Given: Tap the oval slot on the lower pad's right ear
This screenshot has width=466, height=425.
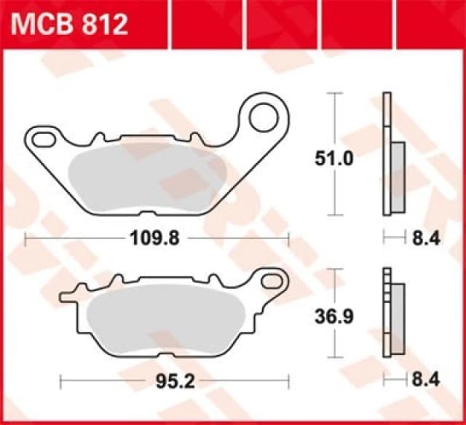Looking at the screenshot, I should pos(273,279).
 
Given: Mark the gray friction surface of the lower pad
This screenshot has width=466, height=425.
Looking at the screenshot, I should pos(167,320).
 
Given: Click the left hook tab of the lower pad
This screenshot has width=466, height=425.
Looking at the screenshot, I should pos(67,296).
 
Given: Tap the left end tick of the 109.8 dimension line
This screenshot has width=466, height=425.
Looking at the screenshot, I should pos(25,237).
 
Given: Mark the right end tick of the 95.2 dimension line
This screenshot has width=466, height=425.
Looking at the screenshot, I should pos(289,379).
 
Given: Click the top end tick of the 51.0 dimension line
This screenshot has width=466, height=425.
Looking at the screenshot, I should pos(334,93).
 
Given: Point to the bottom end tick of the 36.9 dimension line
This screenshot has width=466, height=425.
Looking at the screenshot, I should pos(334,357).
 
